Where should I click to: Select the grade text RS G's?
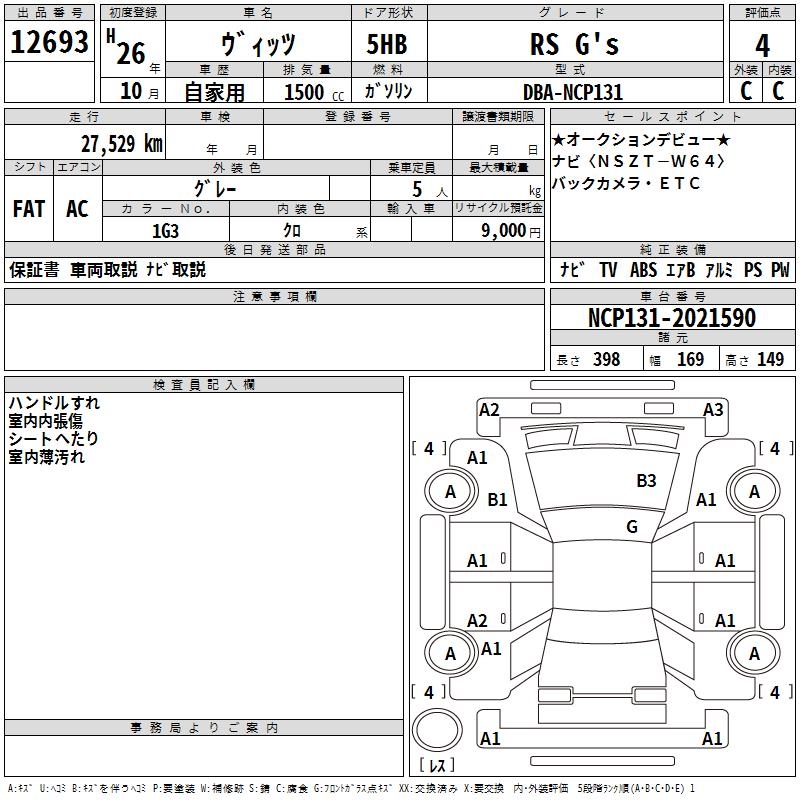click(574, 44)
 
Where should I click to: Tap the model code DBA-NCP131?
click(574, 92)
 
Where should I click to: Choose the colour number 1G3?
click(165, 230)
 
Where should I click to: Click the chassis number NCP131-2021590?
click(672, 318)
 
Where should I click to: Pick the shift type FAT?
click(29, 208)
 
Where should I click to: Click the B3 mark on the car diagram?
click(646, 481)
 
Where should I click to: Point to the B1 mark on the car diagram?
click(497, 499)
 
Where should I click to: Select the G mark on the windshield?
click(631, 526)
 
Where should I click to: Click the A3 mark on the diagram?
click(712, 409)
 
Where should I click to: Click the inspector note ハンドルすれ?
click(54, 403)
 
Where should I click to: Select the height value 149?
click(770, 360)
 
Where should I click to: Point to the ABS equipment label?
click(643, 270)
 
